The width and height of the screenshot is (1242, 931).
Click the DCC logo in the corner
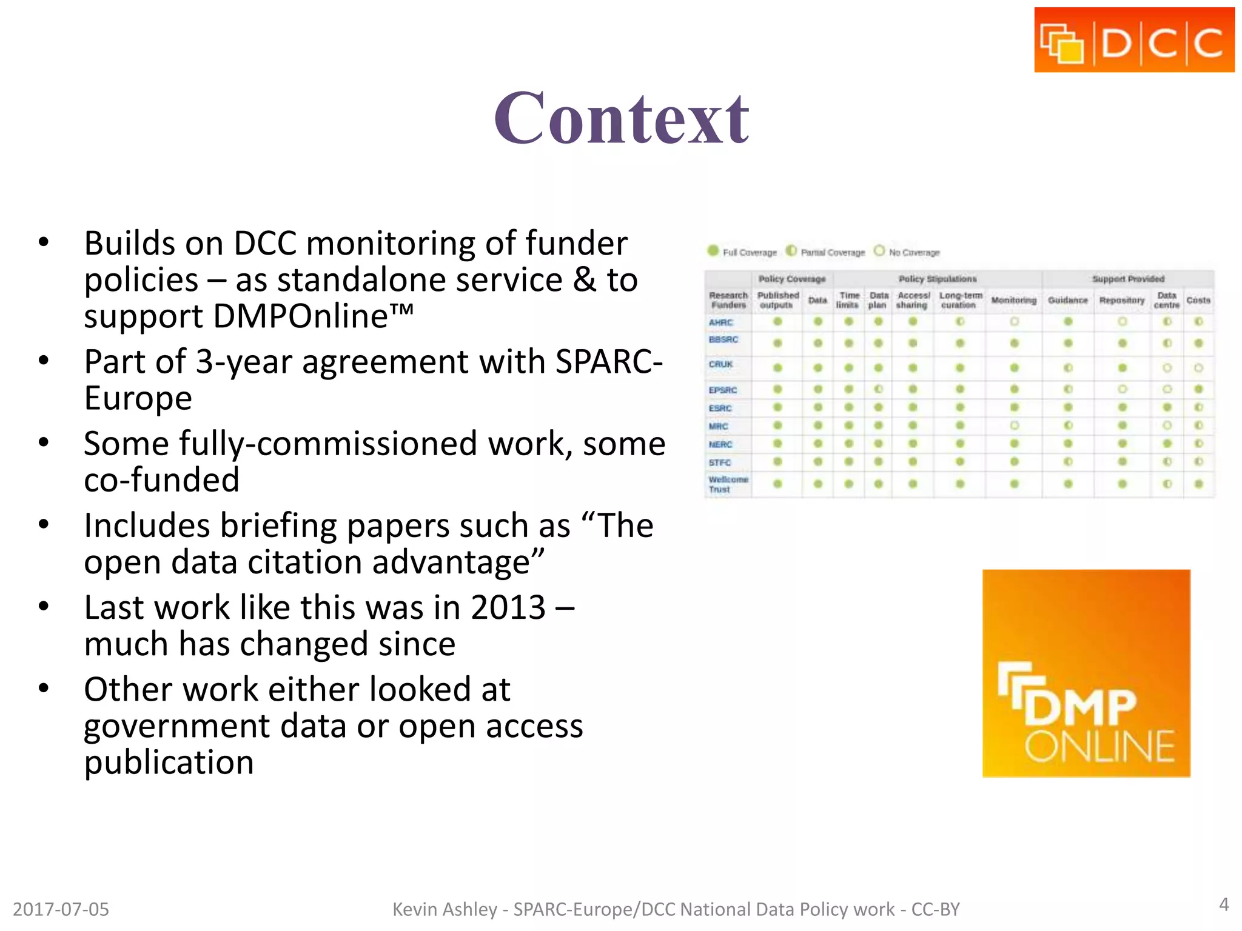coord(1134,41)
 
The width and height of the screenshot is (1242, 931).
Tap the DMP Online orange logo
coord(1086,673)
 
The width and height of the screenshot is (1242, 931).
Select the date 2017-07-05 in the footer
coord(61,909)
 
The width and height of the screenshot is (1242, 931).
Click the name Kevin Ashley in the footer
coord(445,909)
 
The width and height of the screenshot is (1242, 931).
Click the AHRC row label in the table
coord(721,322)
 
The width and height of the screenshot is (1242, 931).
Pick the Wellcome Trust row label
coord(728,484)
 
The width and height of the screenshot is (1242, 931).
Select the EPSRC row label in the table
coord(723,390)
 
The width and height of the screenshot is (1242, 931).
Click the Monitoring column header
coord(1013,300)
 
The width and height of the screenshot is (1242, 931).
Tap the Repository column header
coord(1121,300)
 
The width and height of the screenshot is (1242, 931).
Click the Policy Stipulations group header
coord(938,279)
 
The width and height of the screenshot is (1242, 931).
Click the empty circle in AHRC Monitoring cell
coord(1014,322)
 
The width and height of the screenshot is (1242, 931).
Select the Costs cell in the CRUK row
coord(1198,368)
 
